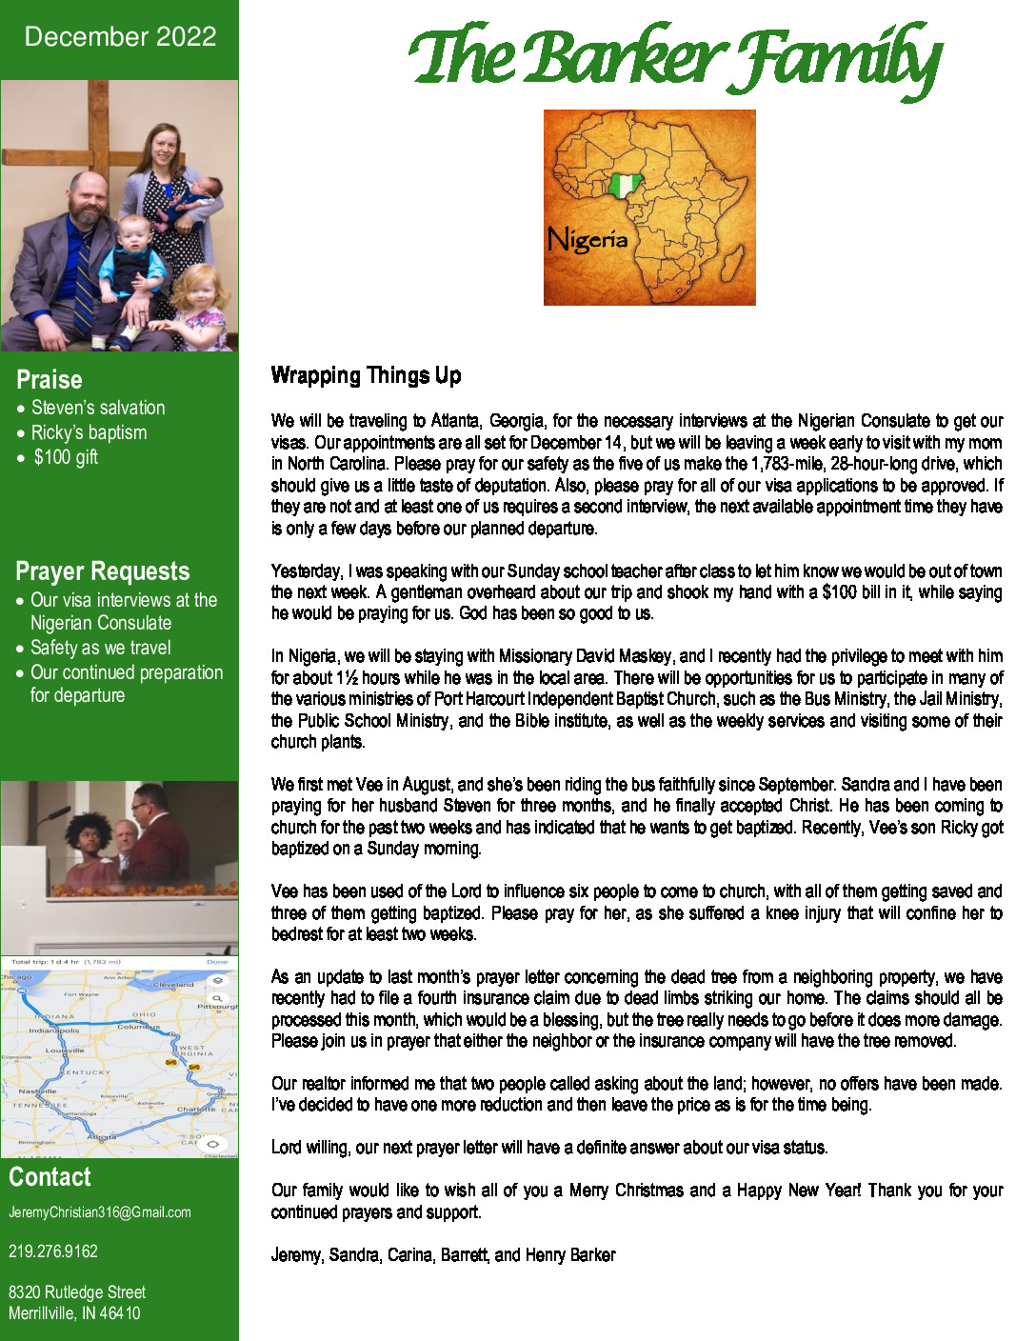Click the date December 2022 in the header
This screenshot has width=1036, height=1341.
tap(120, 37)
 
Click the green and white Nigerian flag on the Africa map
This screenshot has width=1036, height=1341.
tap(624, 185)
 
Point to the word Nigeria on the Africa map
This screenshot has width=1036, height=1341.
tap(588, 239)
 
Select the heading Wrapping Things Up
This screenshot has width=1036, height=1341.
tap(366, 375)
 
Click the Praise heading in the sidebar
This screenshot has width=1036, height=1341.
tap(50, 380)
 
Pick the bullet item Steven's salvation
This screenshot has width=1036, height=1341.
tap(98, 408)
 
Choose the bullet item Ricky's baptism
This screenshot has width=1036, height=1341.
tap(89, 432)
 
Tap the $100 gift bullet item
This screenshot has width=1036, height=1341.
tap(66, 457)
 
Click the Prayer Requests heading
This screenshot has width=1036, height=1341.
tap(103, 571)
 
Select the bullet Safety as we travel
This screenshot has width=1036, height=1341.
tap(101, 648)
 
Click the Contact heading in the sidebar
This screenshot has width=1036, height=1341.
tap(50, 1177)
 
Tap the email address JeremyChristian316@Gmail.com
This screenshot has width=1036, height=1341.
tap(100, 1212)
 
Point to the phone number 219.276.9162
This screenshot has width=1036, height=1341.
tap(53, 1251)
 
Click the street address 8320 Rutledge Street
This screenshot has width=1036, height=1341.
tap(77, 1292)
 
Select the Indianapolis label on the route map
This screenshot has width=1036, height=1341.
tap(54, 1031)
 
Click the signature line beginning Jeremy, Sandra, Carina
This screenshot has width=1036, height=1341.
tap(443, 1255)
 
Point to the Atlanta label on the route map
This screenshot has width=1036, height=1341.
tap(101, 1136)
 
